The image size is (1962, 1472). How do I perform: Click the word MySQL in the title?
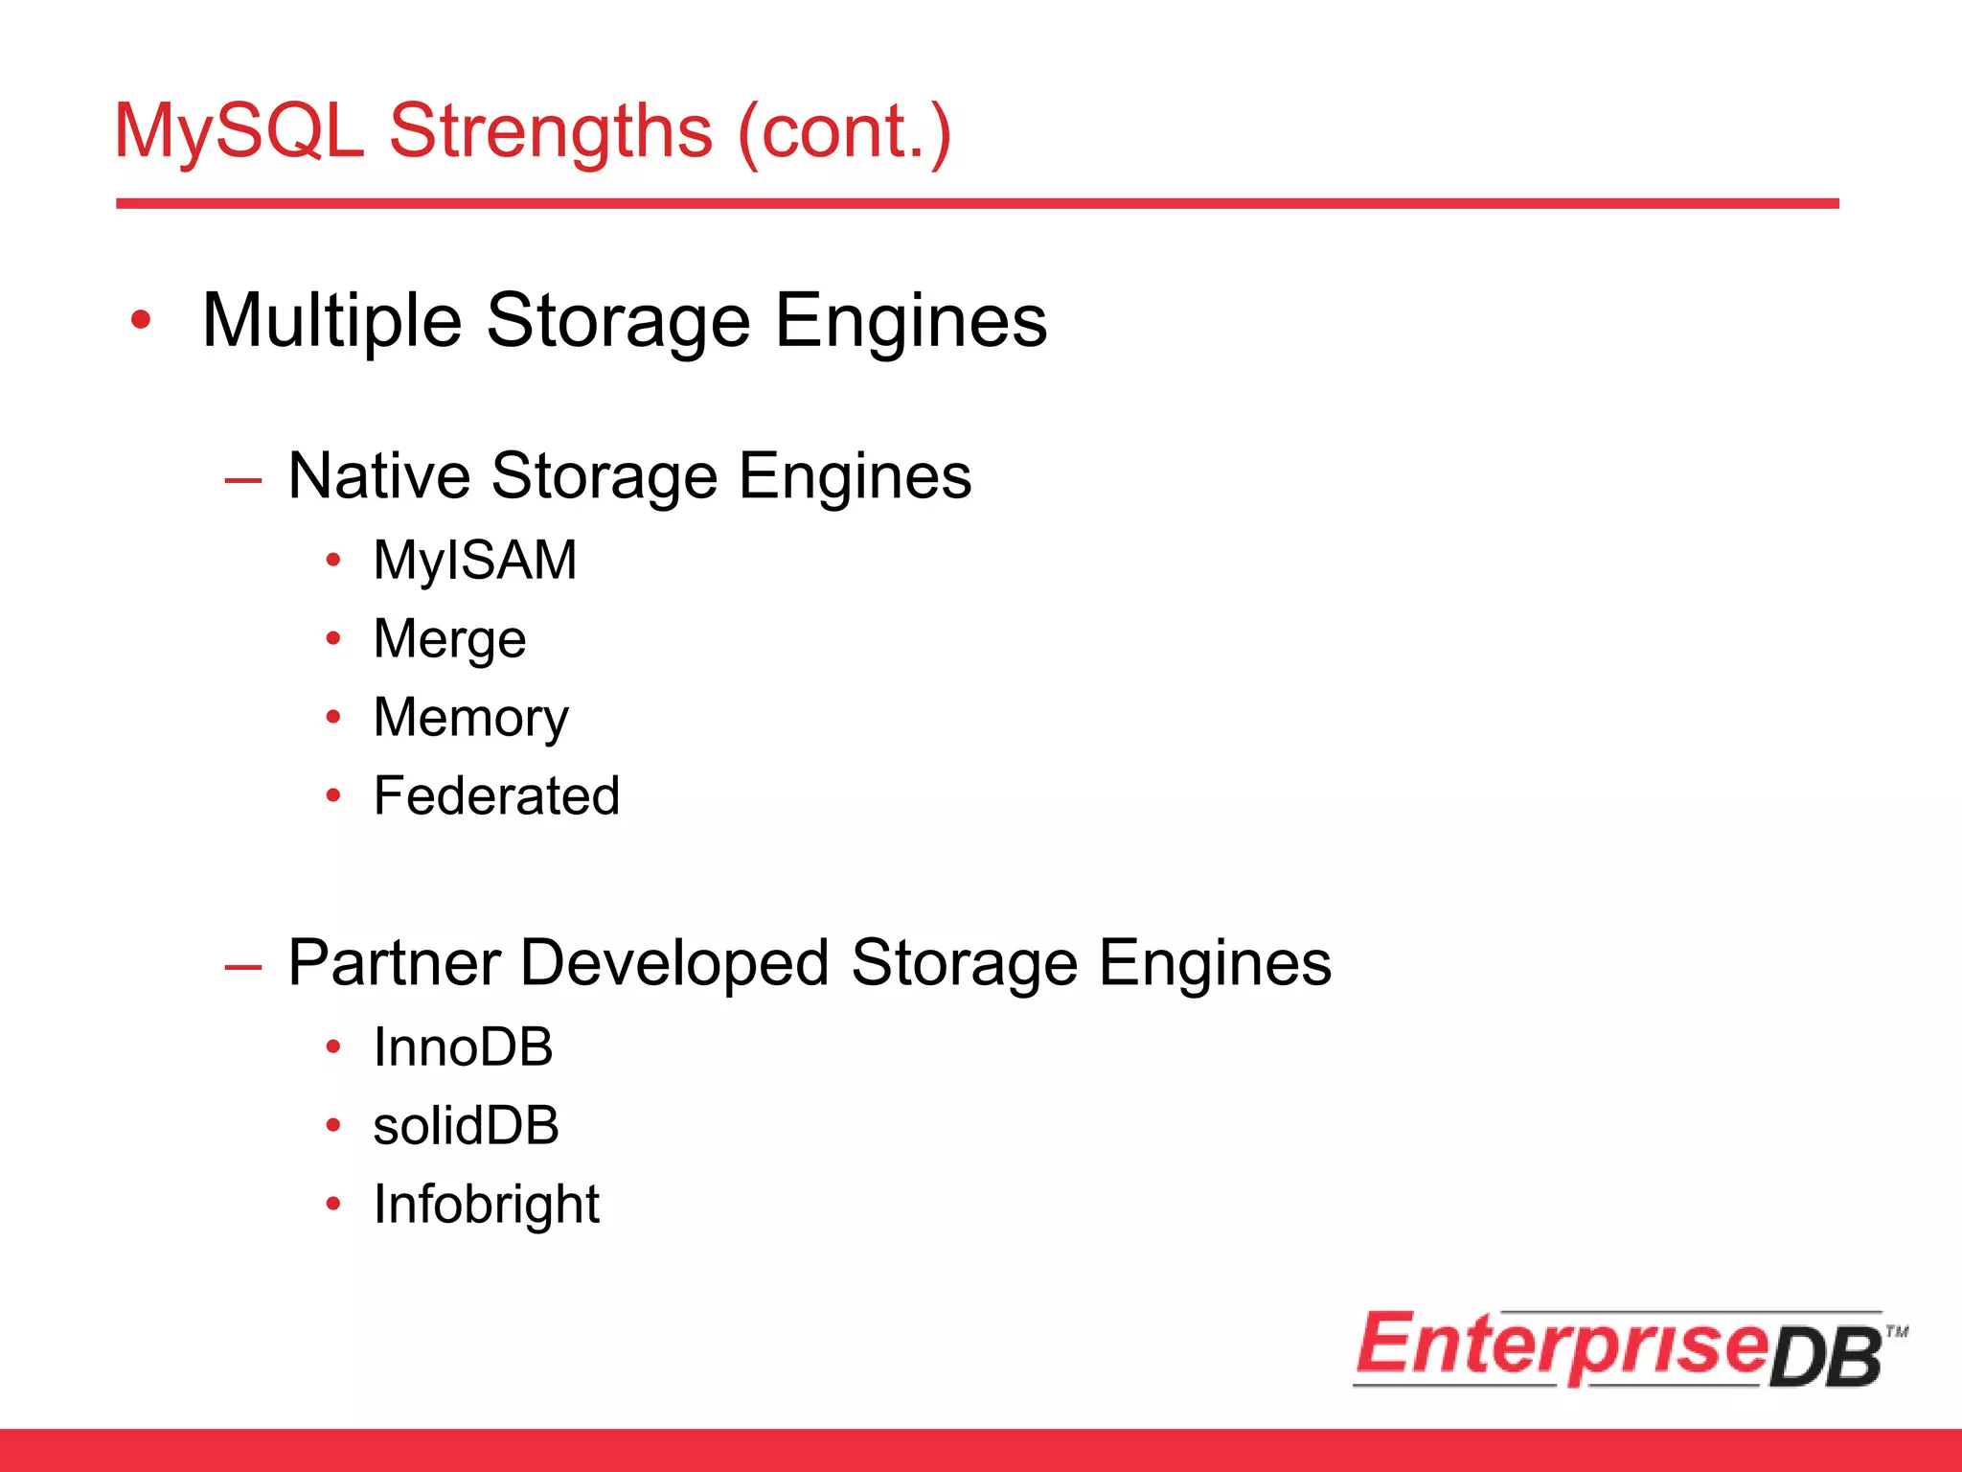(x=240, y=131)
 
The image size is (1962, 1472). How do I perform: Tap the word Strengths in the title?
(x=551, y=131)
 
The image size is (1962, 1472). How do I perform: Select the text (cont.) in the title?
(x=844, y=131)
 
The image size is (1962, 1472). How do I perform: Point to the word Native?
(x=379, y=476)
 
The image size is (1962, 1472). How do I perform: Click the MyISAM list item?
(x=475, y=560)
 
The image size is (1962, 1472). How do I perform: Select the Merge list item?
(x=449, y=639)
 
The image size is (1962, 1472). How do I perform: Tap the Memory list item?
(x=470, y=718)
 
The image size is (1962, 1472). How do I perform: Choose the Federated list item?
(x=496, y=796)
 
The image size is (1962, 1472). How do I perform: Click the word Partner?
(x=393, y=963)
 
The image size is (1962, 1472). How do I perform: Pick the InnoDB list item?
(x=463, y=1047)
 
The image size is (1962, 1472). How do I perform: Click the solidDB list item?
(x=466, y=1126)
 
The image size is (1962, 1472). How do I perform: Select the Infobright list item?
(x=486, y=1205)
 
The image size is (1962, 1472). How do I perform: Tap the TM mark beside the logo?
(x=1897, y=1331)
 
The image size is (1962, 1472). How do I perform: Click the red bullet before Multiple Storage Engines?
(x=141, y=321)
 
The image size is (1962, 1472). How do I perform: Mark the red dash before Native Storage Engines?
(x=242, y=479)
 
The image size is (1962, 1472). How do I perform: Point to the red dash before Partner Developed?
(x=242, y=966)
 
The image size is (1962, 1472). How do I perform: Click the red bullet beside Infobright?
(x=333, y=1205)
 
